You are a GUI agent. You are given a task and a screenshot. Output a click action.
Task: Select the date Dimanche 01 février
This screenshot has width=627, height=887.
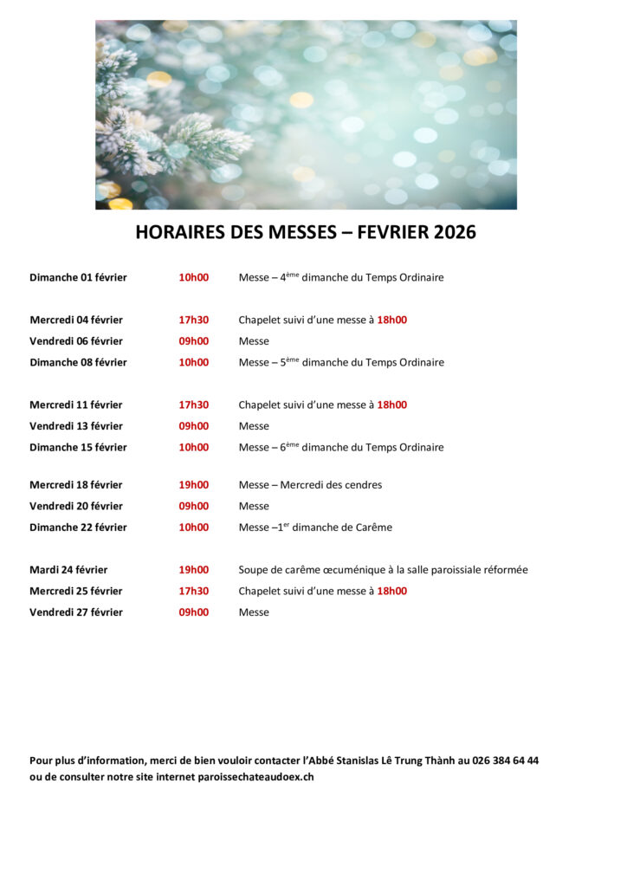pos(78,277)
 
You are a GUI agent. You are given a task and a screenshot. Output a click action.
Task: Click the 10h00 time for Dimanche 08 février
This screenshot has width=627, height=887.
pos(193,362)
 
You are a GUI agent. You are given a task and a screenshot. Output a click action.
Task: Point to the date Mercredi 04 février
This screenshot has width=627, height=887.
pos(76,320)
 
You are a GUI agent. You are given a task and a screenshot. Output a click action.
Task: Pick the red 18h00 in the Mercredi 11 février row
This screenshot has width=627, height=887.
pos(391,405)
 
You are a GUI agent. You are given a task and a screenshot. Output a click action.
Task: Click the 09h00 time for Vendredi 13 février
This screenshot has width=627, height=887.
pos(193,426)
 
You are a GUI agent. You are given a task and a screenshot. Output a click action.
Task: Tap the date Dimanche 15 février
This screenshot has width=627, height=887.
pos(78,447)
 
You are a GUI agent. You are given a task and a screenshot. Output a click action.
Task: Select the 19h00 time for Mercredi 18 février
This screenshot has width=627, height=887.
pos(193,485)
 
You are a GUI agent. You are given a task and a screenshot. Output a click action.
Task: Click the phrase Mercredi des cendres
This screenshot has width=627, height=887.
pos(331,485)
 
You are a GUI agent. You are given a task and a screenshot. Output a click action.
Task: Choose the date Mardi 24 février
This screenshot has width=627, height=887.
pos(68,570)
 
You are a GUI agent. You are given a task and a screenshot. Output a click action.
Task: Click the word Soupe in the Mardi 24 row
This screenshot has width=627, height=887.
pos(254,570)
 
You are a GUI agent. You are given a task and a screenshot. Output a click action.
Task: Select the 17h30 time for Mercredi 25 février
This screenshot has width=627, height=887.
pos(193,591)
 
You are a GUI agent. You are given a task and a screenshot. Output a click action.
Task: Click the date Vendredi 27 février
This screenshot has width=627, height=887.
pos(76,612)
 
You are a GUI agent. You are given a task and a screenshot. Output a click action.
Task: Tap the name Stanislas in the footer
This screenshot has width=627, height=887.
pos(349,761)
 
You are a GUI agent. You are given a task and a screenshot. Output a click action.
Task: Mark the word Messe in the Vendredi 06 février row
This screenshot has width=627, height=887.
pos(254,341)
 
